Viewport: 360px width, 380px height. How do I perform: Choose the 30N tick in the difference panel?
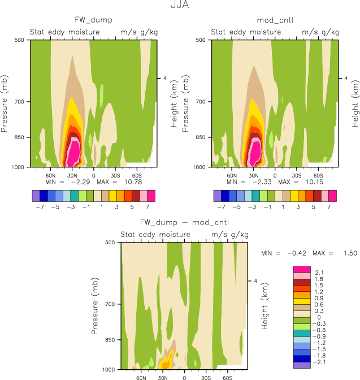(x=163, y=376)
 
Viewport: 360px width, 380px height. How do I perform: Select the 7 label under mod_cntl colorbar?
(x=333, y=207)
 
